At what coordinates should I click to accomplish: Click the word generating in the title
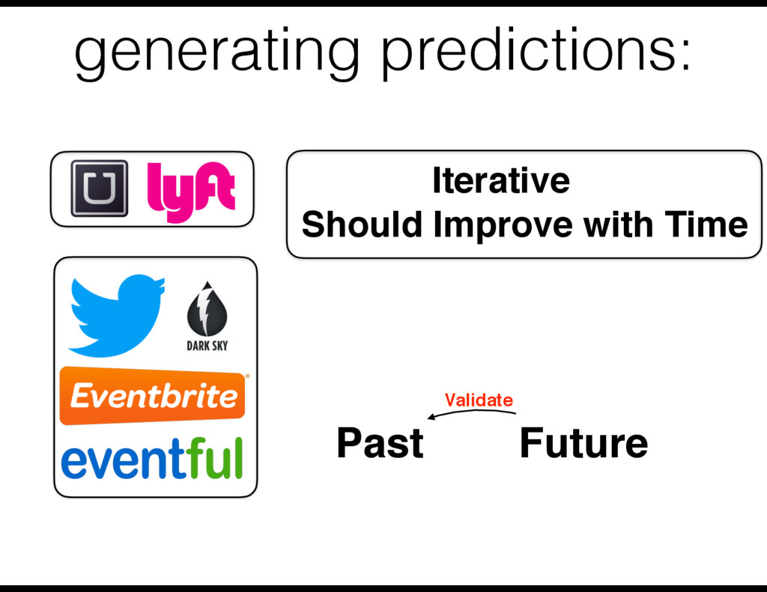click(216, 53)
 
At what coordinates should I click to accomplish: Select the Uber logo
click(100, 188)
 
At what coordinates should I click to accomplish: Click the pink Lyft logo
click(191, 191)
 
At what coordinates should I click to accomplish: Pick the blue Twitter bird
click(116, 315)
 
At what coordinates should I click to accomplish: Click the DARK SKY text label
click(207, 346)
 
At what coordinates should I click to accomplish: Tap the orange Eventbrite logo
click(152, 395)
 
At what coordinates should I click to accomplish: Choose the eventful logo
click(151, 459)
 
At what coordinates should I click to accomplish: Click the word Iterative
click(501, 180)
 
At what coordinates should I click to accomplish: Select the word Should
click(362, 225)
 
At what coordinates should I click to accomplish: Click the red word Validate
click(479, 400)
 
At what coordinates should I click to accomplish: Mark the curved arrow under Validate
click(472, 412)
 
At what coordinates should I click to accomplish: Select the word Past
click(380, 443)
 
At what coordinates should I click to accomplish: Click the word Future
click(583, 443)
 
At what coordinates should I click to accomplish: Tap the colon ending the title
click(685, 54)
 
